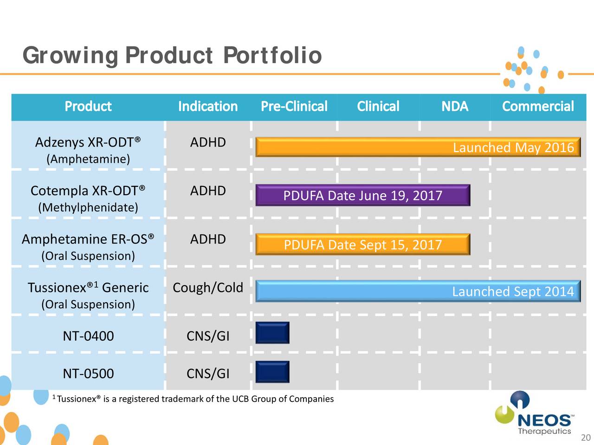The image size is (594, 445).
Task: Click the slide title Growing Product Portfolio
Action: tap(172, 56)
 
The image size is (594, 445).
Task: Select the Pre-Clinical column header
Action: tap(294, 107)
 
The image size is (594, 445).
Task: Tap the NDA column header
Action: tap(454, 107)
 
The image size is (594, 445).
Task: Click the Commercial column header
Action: tap(538, 107)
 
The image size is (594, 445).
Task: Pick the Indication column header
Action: tap(207, 107)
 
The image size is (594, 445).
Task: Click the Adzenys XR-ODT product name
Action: tap(88, 142)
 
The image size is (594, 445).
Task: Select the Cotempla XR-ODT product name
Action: tap(88, 191)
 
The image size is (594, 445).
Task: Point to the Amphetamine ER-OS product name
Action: tap(88, 239)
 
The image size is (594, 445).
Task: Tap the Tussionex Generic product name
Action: tap(88, 288)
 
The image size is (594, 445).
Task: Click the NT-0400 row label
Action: tap(88, 336)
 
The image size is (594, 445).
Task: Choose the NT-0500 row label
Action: tap(88, 374)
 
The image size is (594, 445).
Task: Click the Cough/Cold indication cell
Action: tap(207, 288)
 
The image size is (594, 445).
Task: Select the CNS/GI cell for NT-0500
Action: tap(207, 374)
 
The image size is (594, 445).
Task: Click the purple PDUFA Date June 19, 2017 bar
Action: tap(362, 196)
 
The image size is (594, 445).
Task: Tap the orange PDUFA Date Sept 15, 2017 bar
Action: tap(362, 245)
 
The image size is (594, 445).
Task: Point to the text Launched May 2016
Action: tap(513, 148)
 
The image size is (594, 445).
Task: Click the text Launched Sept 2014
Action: tap(513, 292)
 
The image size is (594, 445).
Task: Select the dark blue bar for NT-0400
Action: tap(272, 333)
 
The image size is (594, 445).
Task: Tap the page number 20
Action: tap(586, 438)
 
